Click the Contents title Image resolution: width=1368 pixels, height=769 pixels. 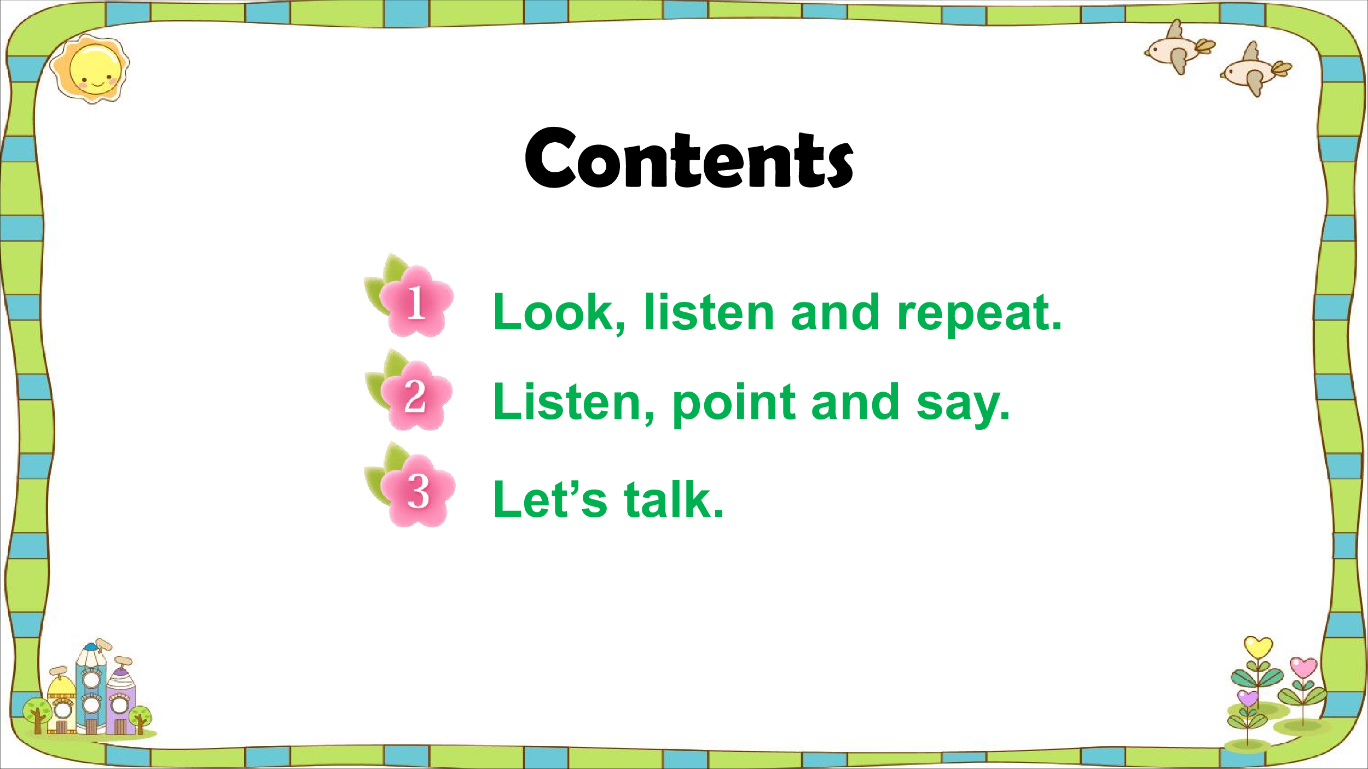point(689,158)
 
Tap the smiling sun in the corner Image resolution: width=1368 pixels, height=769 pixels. point(90,69)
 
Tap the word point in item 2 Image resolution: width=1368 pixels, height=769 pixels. point(733,405)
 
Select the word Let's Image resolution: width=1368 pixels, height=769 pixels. point(550,499)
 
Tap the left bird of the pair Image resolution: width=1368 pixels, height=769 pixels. point(1179,48)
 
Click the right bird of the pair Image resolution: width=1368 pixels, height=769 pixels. point(1255,70)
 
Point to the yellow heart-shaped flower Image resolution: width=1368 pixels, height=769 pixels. point(1258,647)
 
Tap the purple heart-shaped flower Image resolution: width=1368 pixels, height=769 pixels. point(1248,698)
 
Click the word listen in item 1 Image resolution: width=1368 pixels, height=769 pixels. point(709,312)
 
